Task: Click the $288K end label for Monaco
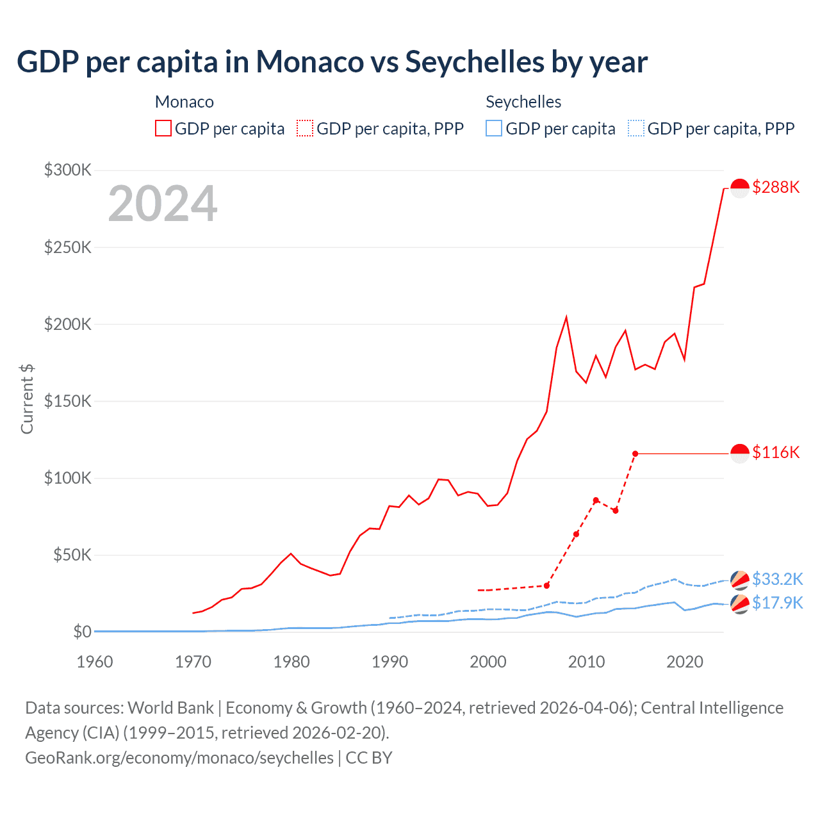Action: (776, 187)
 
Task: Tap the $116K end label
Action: (776, 452)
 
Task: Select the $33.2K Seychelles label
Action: (777, 579)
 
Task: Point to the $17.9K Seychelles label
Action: (777, 603)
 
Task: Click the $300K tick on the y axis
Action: (68, 170)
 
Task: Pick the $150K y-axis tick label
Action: (68, 401)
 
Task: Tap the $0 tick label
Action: (82, 632)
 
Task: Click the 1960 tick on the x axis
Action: (95, 662)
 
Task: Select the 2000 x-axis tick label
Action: (488, 662)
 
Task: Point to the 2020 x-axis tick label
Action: (685, 662)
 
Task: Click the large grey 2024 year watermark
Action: (163, 204)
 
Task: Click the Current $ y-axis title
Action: (27, 398)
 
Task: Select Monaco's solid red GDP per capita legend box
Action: (163, 129)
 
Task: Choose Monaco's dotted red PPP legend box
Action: (305, 129)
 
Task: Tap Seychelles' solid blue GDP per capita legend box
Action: (494, 129)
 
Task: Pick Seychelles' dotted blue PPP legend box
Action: (636, 129)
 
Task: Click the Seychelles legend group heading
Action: (523, 102)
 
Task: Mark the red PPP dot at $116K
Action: (635, 454)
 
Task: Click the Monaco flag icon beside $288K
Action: (740, 188)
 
